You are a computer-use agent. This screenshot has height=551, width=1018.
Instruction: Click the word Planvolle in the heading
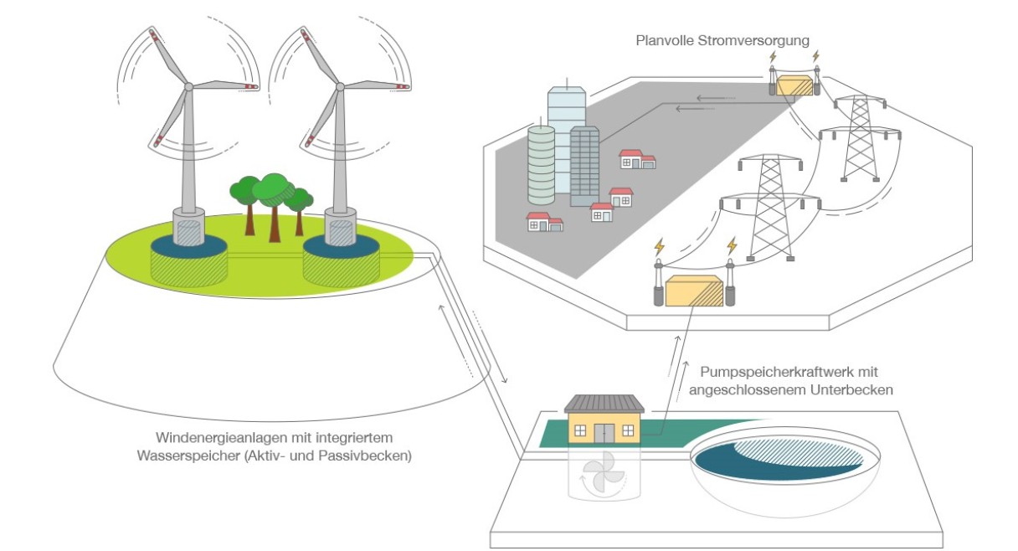coord(665,41)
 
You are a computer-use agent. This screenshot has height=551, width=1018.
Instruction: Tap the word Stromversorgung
coord(753,41)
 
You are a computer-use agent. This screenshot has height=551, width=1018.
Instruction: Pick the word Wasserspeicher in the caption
coord(189,456)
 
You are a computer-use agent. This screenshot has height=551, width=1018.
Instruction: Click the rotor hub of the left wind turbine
coord(188,86)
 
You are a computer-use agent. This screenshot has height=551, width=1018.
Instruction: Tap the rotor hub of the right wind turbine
coord(340,86)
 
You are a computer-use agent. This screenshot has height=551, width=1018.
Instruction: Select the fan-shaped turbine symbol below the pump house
coord(604,476)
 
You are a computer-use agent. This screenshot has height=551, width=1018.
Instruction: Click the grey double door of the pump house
coord(604,433)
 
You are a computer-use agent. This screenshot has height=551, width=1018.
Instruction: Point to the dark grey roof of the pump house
coord(604,404)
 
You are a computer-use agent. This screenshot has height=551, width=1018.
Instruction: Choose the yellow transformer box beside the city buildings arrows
coord(794,86)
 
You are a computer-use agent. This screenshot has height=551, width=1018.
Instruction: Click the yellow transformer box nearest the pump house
coord(694,291)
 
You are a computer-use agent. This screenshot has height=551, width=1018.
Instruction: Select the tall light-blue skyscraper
coord(566,140)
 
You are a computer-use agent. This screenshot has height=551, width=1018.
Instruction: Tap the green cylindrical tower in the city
coord(541,166)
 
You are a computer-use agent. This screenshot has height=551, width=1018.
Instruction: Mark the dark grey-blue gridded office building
coord(584,167)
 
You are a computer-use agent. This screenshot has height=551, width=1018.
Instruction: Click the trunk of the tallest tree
coord(275,224)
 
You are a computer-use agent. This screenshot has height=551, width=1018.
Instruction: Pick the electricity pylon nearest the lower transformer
coord(771,208)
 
